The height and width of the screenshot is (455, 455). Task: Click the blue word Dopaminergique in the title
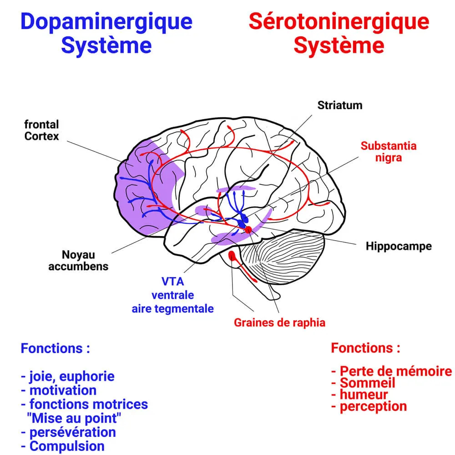click(106, 21)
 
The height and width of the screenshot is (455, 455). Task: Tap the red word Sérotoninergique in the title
click(339, 21)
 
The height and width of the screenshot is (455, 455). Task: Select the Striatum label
click(340, 105)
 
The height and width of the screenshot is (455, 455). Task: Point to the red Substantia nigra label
click(388, 152)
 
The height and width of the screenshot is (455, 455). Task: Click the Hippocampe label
click(399, 246)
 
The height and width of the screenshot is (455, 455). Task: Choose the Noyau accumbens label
click(78, 260)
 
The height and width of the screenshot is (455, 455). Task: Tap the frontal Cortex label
click(41, 130)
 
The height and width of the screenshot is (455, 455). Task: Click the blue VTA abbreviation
click(173, 281)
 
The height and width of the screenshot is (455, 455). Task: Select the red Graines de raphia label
click(279, 323)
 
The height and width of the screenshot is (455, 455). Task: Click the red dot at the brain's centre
click(248, 230)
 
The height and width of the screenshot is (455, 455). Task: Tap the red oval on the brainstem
click(233, 256)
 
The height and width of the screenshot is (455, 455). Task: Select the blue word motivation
click(63, 390)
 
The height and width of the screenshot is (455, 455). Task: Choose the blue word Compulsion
click(67, 446)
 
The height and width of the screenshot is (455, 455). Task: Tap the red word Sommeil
click(368, 383)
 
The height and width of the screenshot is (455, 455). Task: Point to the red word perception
click(373, 406)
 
